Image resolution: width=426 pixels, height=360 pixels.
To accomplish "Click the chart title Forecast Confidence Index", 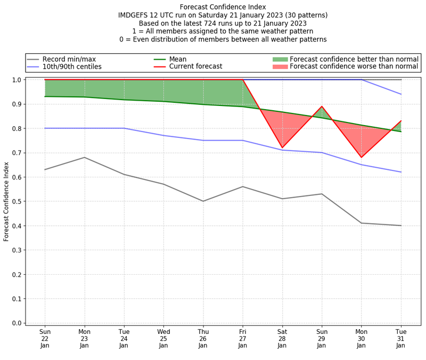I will [x=223, y=7].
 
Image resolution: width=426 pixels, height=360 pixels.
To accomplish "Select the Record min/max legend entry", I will [x=69, y=59].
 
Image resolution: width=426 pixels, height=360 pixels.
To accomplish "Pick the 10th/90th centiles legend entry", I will [x=72, y=67].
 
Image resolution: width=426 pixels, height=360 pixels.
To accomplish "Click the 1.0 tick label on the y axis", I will [x=17, y=80].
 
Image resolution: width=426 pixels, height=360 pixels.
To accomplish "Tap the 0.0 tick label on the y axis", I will [x=17, y=323].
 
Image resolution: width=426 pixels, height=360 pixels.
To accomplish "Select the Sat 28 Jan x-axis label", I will [x=282, y=338].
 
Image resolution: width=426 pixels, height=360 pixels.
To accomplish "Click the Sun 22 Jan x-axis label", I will [x=45, y=338].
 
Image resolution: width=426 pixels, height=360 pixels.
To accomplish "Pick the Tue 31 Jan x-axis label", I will [x=401, y=338].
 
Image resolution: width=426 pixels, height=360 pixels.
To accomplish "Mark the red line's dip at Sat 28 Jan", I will [x=282, y=148].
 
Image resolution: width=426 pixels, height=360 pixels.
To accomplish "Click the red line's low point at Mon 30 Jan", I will [x=362, y=157].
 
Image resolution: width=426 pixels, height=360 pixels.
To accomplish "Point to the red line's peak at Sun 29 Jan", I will [x=322, y=107].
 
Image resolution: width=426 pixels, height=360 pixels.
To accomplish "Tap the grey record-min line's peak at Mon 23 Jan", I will [x=84, y=157].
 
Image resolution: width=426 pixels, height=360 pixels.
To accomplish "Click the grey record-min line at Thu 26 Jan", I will [x=203, y=201].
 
